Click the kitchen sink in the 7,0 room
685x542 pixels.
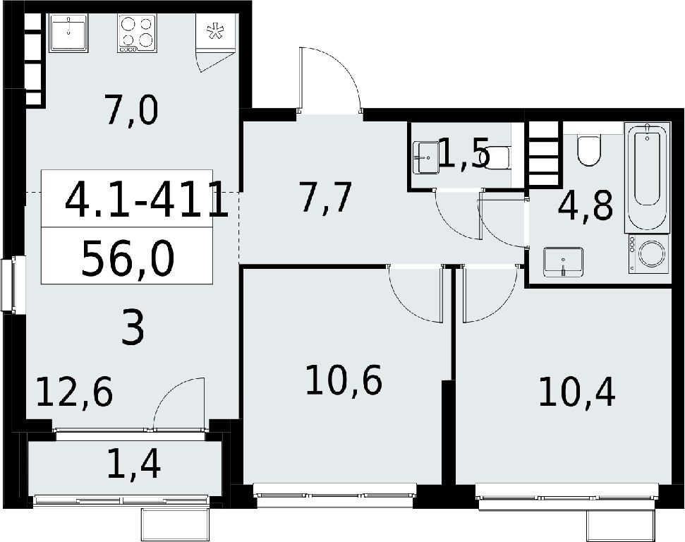click(x=68, y=32)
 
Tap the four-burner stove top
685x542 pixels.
click(x=136, y=33)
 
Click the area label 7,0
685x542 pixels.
click(x=132, y=112)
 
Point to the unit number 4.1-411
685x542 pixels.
click(x=147, y=200)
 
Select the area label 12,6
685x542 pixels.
click(x=75, y=392)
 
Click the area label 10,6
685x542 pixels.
click(x=344, y=380)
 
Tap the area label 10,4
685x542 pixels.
click(x=576, y=392)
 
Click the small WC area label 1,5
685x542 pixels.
click(x=463, y=153)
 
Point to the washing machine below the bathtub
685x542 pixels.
click(x=649, y=254)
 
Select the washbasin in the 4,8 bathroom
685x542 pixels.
click(x=564, y=262)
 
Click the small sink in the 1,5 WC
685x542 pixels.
click(x=426, y=157)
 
